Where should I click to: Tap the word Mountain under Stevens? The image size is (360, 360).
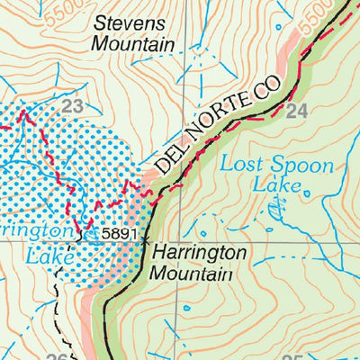(x=134, y=43)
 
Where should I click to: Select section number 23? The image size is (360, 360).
(x=72, y=107)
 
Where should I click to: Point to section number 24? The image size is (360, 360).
(x=296, y=112)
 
